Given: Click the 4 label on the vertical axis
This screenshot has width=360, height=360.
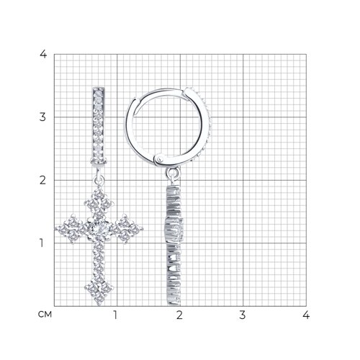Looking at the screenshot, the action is click(x=43, y=54).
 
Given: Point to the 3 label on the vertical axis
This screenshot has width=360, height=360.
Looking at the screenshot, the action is click(x=42, y=117).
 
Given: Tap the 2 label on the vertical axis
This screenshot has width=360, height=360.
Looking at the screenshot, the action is click(x=42, y=180).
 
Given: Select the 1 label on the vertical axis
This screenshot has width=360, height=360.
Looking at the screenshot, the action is click(x=42, y=243).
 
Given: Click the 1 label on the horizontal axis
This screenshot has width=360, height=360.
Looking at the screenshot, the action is click(x=115, y=315).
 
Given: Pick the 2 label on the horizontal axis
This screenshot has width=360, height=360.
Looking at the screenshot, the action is click(x=179, y=315).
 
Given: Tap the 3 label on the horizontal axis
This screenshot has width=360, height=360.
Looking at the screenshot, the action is click(x=243, y=315).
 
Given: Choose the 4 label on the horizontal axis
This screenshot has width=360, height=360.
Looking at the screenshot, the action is click(x=306, y=315).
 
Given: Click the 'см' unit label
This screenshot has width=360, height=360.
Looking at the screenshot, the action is click(x=45, y=315).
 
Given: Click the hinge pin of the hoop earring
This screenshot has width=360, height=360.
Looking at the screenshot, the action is click(x=159, y=159).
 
